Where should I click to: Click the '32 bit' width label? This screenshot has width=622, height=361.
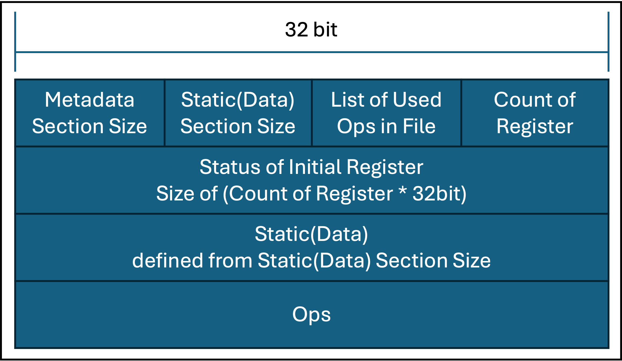pos(311,29)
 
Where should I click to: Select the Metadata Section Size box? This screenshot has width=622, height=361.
pos(90,113)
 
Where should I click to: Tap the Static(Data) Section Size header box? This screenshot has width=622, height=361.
pos(238,113)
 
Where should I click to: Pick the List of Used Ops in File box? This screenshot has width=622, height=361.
pos(386,113)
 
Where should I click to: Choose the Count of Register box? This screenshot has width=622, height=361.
pos(535,113)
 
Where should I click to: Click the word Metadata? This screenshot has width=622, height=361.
pos(89,100)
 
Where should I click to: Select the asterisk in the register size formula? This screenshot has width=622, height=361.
pos(402,192)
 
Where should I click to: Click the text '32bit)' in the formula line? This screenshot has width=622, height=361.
pos(439,193)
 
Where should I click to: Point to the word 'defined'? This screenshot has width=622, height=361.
pos(168,260)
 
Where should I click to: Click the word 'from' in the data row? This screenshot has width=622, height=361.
pos(230,260)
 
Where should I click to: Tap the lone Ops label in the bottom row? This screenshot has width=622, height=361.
pos(311,315)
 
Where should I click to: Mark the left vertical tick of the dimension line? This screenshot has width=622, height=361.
pos(15,42)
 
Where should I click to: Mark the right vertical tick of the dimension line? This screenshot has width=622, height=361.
pos(608,42)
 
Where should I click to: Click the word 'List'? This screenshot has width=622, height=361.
pos(345,100)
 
